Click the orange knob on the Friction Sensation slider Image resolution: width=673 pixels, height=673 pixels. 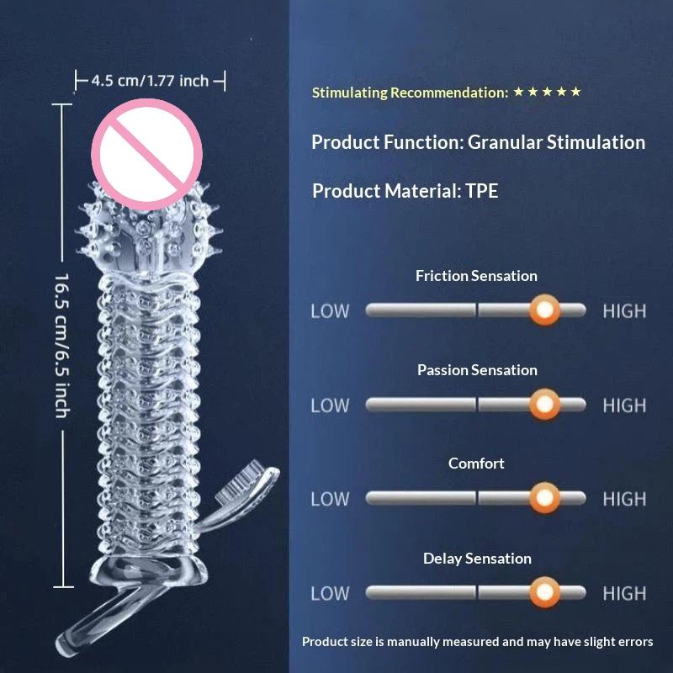point(544,310)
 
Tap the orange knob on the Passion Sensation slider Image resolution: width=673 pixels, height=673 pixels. point(544,404)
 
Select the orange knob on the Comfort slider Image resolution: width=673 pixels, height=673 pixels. point(544,498)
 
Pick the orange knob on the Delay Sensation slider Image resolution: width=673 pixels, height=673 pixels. point(544,592)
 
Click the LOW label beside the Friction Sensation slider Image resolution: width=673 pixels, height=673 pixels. point(330,311)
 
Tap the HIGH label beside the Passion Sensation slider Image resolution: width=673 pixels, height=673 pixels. point(624,405)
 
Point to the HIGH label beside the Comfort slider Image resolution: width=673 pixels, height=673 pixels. point(624,499)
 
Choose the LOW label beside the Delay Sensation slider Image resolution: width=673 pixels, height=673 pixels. point(330,594)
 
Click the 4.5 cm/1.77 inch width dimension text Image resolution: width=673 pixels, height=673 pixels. point(150,81)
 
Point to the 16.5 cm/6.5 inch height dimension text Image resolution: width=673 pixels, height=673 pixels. point(62,346)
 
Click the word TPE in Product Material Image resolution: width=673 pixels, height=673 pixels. point(481,191)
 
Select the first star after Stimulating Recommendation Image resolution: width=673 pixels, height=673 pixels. point(518,92)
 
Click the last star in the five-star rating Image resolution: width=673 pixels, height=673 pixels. point(576,92)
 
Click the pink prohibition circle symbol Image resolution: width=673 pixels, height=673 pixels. point(146,155)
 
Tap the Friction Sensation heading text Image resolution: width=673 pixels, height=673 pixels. point(476,276)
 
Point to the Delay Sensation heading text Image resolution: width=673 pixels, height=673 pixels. point(477,558)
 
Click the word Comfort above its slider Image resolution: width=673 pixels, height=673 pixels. point(476,464)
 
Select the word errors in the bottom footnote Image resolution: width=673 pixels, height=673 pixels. point(635,642)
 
